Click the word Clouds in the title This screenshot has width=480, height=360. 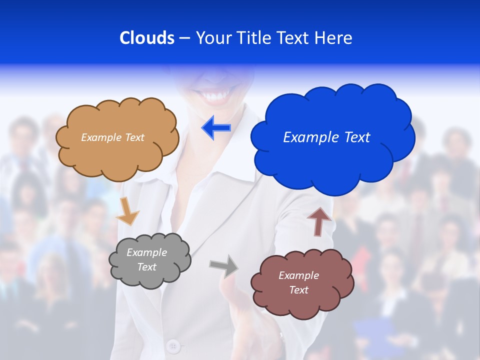click(147, 38)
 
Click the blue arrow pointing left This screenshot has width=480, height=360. click(216, 128)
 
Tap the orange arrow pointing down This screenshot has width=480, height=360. click(127, 211)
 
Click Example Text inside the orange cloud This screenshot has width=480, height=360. click(112, 137)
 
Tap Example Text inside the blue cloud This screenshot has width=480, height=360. click(326, 137)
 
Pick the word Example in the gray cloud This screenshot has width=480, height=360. click(146, 252)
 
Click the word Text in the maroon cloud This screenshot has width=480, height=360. click(298, 290)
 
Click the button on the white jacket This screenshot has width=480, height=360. click(173, 345)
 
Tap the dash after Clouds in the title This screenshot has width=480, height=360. click(184, 38)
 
